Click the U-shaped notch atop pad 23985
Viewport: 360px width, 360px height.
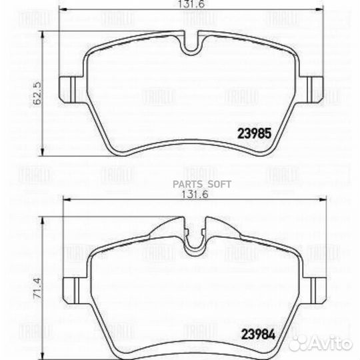click(191, 47)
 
